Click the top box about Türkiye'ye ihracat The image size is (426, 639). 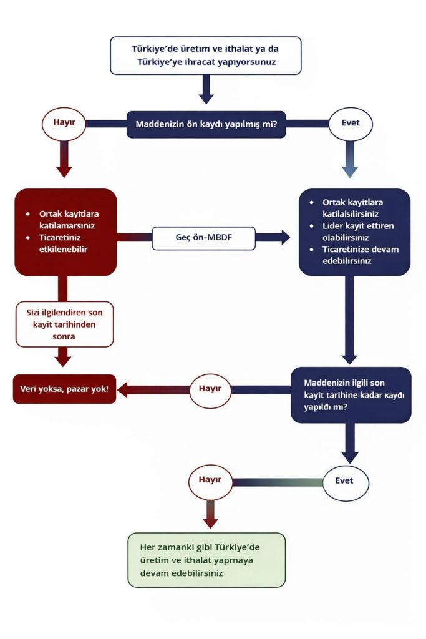206,56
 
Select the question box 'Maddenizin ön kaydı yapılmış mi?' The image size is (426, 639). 206,124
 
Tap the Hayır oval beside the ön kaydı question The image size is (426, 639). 64,123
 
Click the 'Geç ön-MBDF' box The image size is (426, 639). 203,237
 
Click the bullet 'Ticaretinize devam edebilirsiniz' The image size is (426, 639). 356,255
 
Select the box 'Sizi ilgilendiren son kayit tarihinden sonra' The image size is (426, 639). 65,324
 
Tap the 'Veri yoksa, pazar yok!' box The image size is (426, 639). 65,389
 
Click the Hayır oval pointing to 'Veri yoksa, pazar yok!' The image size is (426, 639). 210,389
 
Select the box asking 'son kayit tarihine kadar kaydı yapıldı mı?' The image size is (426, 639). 351,395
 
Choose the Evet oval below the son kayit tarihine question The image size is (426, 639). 346,481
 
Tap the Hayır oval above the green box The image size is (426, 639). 210,481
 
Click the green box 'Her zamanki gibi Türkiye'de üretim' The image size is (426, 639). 206,560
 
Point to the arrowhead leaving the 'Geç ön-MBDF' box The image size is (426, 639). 283,237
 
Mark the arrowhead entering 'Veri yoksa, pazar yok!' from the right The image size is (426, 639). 123,389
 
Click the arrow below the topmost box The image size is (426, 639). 206,91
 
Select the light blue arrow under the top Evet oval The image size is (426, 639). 350,162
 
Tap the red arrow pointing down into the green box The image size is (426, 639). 210,517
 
